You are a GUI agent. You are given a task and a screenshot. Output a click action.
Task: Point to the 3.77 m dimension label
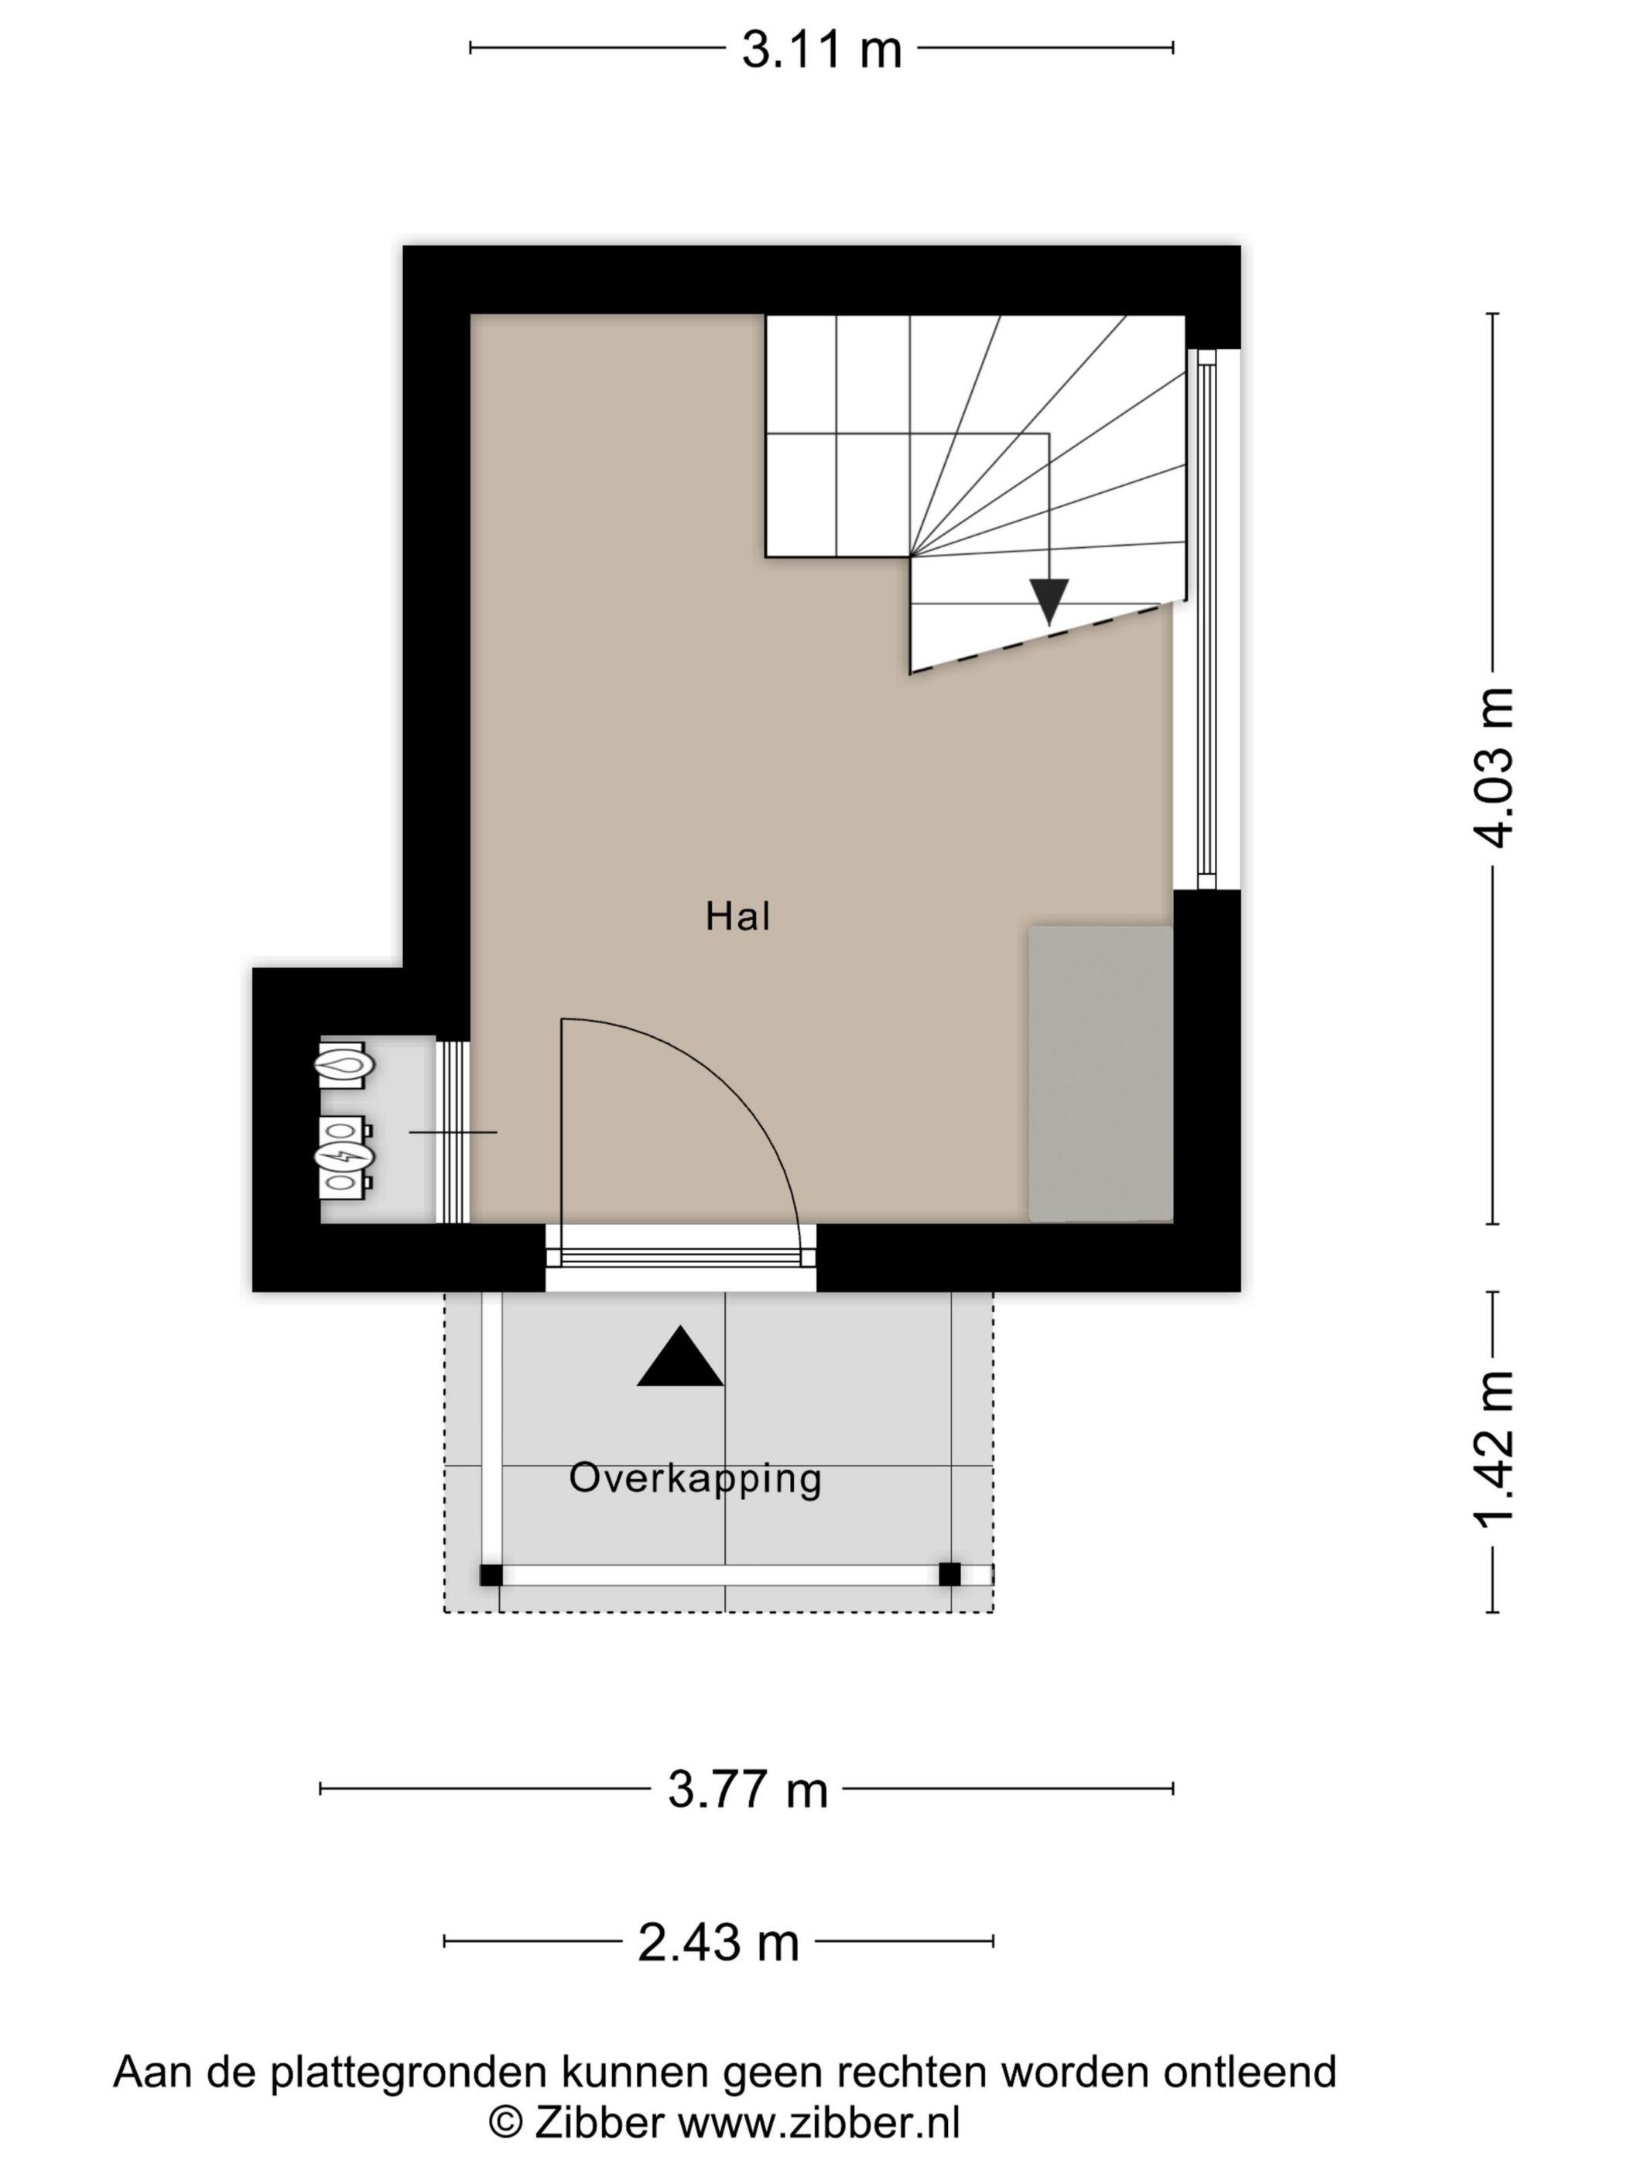(x=747, y=1790)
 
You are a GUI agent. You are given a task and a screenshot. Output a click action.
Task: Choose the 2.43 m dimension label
(x=718, y=1942)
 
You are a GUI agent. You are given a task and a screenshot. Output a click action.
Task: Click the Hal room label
(x=737, y=917)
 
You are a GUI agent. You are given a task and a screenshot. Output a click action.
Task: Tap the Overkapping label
(x=694, y=1479)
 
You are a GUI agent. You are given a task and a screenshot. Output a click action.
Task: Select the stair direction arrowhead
(x=1049, y=601)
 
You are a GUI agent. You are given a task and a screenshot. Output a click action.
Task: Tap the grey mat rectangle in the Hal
(x=1100, y=1073)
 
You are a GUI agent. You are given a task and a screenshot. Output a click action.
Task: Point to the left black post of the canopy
(x=491, y=1575)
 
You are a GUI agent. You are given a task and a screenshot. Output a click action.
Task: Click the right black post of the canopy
(x=950, y=1574)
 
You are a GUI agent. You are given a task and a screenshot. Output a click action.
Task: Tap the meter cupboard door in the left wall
(x=453, y=1131)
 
